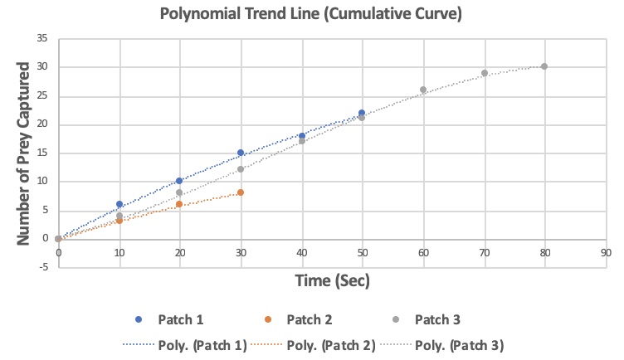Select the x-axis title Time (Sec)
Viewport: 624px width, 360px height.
332,280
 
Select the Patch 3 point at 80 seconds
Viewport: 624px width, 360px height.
544,66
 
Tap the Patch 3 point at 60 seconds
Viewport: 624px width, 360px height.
423,90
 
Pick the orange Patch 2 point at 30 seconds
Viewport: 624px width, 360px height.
241,192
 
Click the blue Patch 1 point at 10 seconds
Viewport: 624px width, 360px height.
119,204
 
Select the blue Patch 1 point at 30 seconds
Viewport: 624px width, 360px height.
241,153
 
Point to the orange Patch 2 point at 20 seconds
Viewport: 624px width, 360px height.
180,204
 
